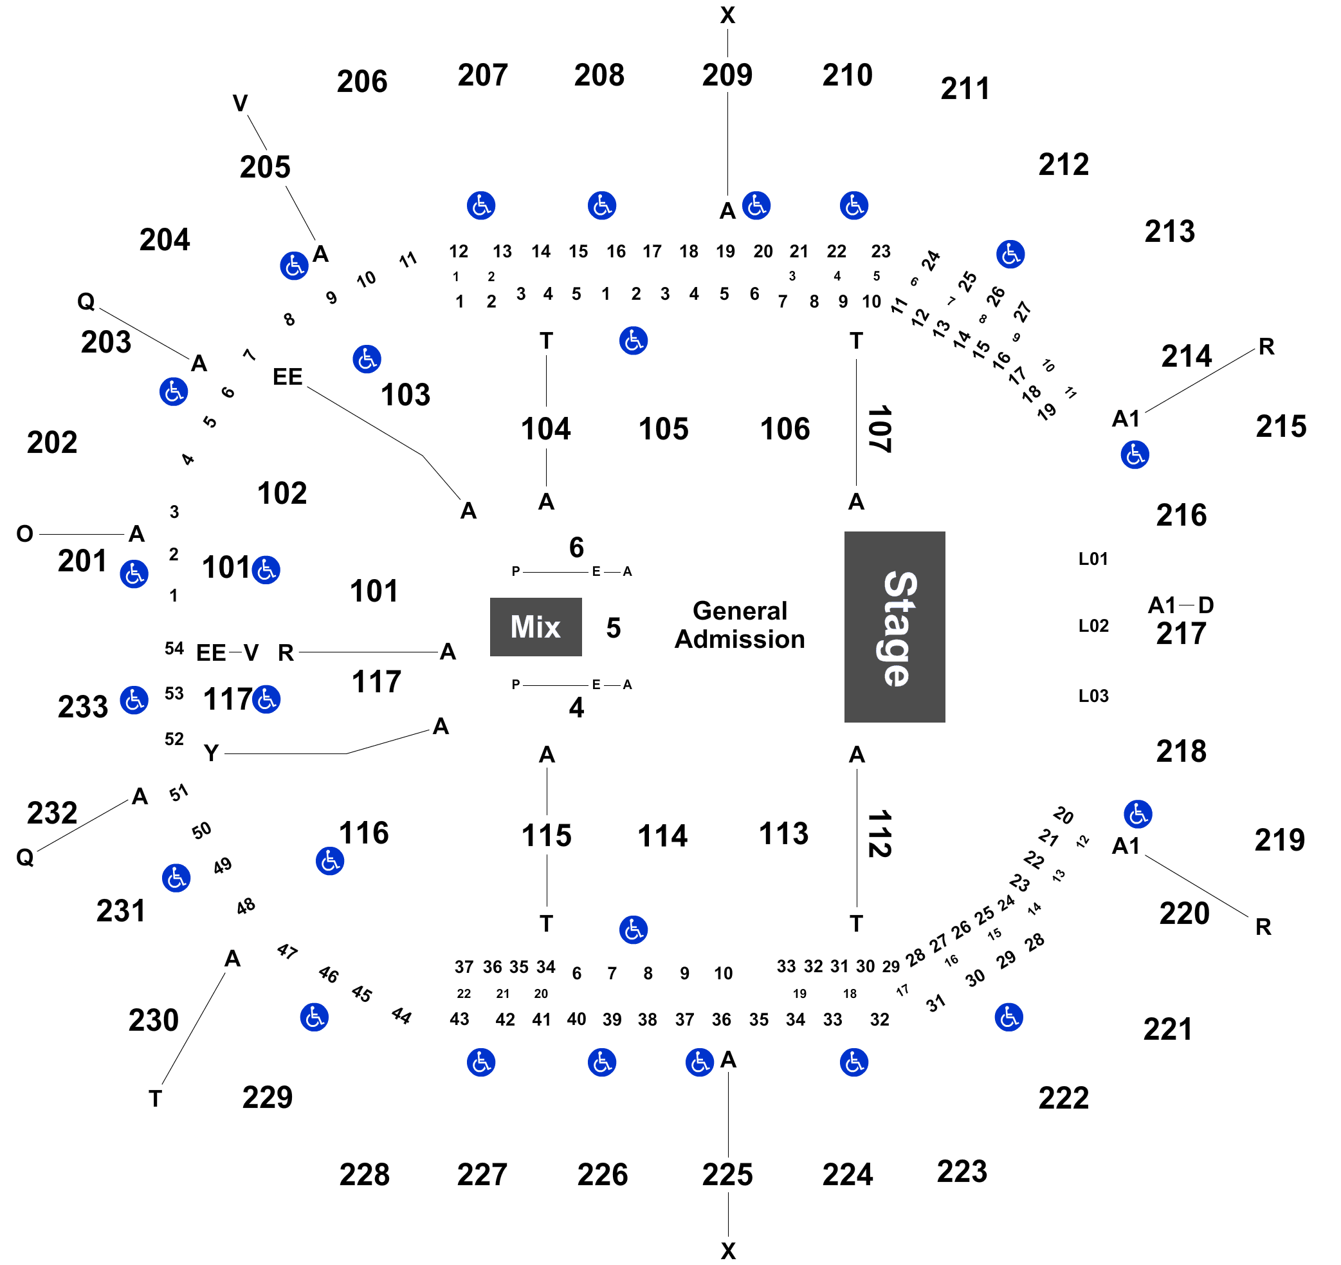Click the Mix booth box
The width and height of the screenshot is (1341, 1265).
coord(536,627)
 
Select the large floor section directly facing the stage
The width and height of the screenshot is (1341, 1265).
coord(738,627)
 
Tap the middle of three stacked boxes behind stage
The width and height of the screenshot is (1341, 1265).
coord(1092,626)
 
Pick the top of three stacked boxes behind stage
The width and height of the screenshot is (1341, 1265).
coord(1092,557)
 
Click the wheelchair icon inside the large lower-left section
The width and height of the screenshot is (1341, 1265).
coord(330,861)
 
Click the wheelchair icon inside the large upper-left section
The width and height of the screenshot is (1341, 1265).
coord(367,359)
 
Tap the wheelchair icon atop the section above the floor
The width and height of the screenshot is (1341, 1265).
coord(633,341)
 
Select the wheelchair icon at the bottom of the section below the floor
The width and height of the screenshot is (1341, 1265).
coord(633,930)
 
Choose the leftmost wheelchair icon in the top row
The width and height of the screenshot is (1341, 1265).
coord(481,205)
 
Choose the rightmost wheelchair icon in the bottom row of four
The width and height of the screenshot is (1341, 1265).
coord(853,1062)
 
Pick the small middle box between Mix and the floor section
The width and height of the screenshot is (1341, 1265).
coord(612,628)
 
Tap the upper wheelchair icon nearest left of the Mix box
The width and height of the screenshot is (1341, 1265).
coord(266,570)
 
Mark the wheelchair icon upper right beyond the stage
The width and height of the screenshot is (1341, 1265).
coord(1135,455)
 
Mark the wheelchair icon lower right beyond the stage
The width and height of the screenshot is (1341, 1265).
coord(1138,815)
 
